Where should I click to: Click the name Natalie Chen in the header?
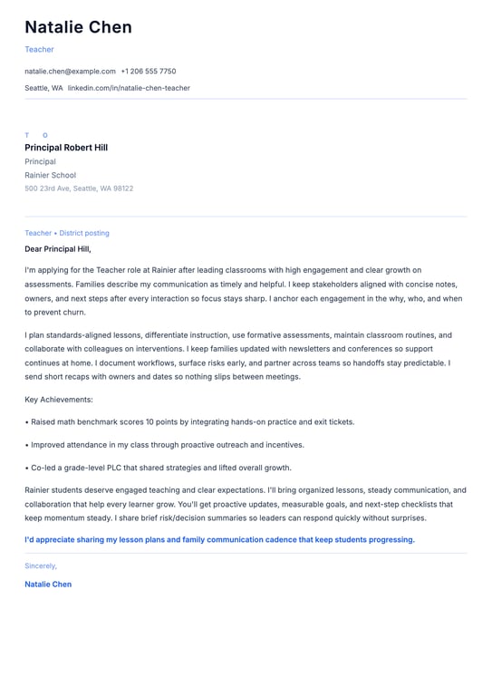[x=78, y=27]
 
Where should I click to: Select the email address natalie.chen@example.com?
[x=70, y=71]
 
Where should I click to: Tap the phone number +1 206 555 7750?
[x=149, y=71]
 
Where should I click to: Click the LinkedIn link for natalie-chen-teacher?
[x=129, y=88]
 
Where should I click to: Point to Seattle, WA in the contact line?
[x=43, y=88]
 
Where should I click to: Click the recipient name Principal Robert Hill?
[x=66, y=148]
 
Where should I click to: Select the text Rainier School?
[x=50, y=175]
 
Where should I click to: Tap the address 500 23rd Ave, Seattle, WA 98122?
[x=79, y=188]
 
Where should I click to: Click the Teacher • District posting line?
[x=67, y=233]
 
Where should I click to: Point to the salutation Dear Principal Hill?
[x=58, y=248]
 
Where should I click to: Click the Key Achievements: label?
[x=59, y=399]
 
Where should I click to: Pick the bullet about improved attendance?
[x=167, y=445]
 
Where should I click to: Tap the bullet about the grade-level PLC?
[x=160, y=468]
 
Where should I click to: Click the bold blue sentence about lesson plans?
[x=219, y=539]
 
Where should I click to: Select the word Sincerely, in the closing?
[x=41, y=565]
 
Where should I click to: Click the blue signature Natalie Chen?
[x=48, y=585]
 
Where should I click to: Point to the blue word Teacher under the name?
[x=39, y=50]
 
